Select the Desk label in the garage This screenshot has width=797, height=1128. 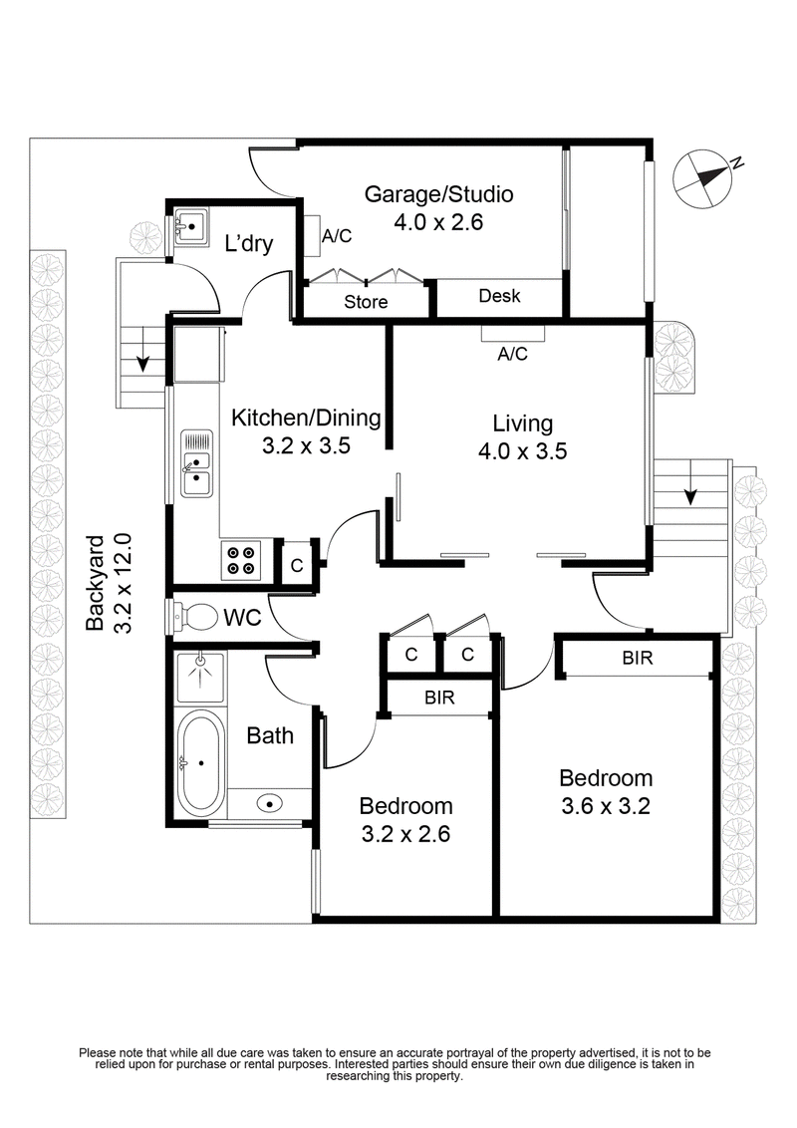click(x=499, y=296)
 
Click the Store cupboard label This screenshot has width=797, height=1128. click(x=366, y=302)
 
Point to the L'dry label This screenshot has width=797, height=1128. click(x=248, y=244)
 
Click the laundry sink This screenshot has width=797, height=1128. click(x=189, y=227)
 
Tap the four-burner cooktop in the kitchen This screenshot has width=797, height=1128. click(x=239, y=560)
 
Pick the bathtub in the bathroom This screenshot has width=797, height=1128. click(x=200, y=762)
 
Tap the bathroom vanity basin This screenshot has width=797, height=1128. click(x=270, y=802)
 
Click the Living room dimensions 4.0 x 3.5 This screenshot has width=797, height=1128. click(x=522, y=450)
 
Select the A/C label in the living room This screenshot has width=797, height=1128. click(x=512, y=354)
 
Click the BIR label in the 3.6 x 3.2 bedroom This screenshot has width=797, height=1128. click(x=638, y=659)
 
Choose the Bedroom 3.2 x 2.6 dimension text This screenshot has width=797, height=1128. click(x=405, y=834)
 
